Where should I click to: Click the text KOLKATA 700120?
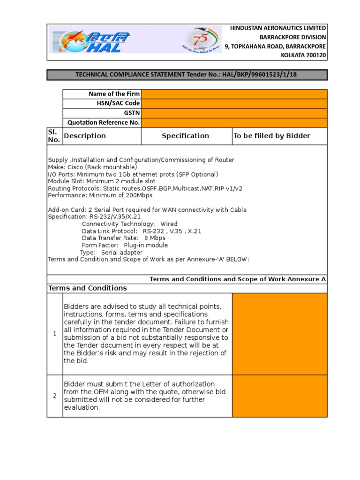[x=303, y=55]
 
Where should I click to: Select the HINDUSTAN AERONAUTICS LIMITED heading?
[x=278, y=29]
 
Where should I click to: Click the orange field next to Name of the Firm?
[x=234, y=94]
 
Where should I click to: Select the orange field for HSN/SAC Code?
[x=234, y=104]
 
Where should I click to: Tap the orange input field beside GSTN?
[x=234, y=113]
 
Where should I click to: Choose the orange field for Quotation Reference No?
[x=234, y=123]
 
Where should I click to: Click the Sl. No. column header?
[x=54, y=136]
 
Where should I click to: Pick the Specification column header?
[x=186, y=136]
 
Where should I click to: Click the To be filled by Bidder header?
[x=272, y=136]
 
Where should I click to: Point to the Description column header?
[x=85, y=136]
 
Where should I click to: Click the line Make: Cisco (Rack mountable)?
[x=92, y=167]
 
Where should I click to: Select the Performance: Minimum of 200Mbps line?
[x=100, y=195]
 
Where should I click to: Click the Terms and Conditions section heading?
[x=87, y=288]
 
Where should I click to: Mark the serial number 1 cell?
[x=54, y=334]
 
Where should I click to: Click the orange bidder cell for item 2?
[x=279, y=396]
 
